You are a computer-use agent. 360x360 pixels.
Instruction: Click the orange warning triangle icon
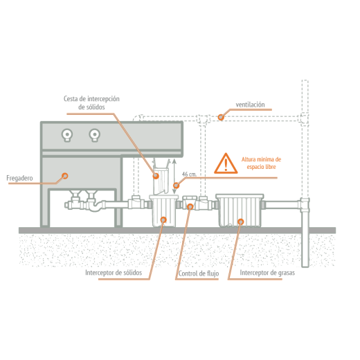(226, 163)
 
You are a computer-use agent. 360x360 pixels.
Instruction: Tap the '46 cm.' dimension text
(189, 174)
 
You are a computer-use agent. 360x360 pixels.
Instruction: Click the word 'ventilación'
(250, 105)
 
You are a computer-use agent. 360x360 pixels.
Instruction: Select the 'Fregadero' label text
(19, 178)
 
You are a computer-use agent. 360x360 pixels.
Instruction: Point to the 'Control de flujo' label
(199, 273)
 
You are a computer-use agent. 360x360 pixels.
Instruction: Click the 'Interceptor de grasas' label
(267, 273)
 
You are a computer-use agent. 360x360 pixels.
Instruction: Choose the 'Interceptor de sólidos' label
(114, 273)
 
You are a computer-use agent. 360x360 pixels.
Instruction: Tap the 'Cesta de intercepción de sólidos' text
(91, 102)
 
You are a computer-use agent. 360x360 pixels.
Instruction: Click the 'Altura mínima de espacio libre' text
(262, 163)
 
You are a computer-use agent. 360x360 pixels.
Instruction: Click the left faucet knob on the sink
(67, 134)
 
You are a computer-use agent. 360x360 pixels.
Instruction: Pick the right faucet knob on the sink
(95, 134)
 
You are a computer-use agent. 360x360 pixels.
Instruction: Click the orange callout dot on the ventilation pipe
(221, 117)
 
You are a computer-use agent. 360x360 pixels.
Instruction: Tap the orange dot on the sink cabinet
(65, 176)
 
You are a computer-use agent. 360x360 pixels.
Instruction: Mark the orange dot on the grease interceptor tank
(241, 222)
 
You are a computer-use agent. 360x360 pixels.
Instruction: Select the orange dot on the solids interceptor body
(163, 219)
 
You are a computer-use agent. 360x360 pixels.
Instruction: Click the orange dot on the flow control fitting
(190, 206)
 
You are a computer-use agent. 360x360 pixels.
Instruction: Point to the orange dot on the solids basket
(156, 176)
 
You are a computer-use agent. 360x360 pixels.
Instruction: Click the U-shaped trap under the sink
(95, 207)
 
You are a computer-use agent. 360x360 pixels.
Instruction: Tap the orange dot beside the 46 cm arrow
(176, 185)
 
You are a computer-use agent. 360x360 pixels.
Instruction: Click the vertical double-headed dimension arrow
(174, 176)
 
